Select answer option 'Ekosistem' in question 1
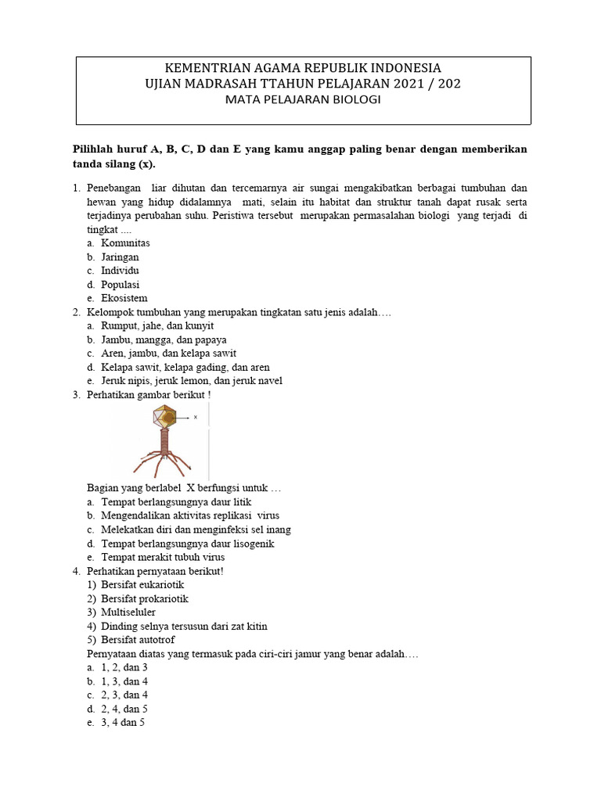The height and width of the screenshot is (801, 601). (x=124, y=298)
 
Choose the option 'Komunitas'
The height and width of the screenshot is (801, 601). (x=125, y=242)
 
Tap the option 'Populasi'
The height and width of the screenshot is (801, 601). (x=120, y=285)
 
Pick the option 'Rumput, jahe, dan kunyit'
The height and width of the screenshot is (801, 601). (x=157, y=325)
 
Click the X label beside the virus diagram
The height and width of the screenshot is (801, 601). (x=196, y=418)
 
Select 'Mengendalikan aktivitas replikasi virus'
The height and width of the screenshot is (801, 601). (x=190, y=515)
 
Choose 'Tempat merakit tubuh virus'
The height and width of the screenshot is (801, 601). (x=163, y=557)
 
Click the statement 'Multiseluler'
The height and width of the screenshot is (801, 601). (x=128, y=612)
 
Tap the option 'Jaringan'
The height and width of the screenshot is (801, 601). (x=120, y=257)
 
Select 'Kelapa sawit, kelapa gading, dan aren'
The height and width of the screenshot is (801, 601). (x=185, y=367)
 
